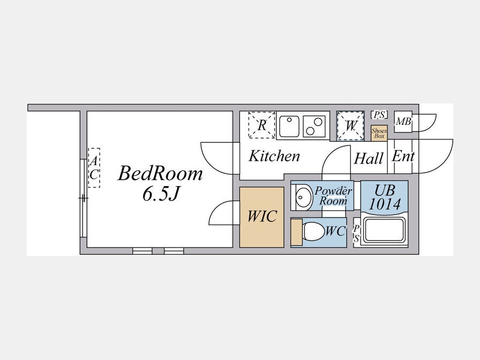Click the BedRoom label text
pos(160,173)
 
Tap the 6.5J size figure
pos(160,194)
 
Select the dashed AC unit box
pos(94,168)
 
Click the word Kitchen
pos(274,156)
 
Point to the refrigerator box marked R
pos(262,125)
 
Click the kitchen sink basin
pos(289,126)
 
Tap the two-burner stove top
pos(314,126)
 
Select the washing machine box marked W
pos(350,126)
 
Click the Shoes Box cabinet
pos(379,133)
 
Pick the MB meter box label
pos(404,122)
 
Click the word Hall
pos(369,158)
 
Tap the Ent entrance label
pos(403,156)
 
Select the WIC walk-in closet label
pos(262,216)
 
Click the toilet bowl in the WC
pos(313,231)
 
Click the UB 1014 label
pos(385,197)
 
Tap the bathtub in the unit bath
pos(385,230)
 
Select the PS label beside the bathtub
pos(356,234)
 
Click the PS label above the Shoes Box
pos(379,115)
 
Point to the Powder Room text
pos(333,196)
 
